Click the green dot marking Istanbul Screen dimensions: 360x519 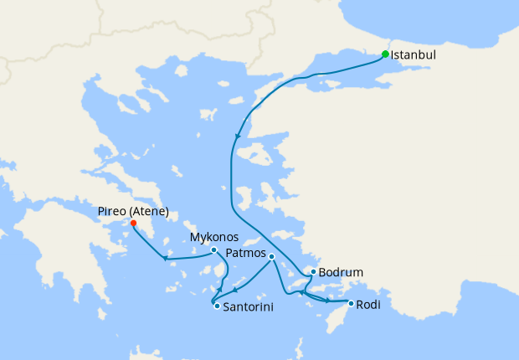tap(385, 54)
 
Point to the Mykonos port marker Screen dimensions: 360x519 tap(213, 249)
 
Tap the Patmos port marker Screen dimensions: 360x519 tap(271, 256)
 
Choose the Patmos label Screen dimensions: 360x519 tap(246, 254)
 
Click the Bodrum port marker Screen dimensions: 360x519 tap(313, 272)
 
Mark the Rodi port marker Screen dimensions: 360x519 tap(351, 303)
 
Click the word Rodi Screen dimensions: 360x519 tap(368, 305)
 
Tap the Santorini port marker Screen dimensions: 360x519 tap(217, 306)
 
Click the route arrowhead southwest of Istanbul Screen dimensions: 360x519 tap(239, 136)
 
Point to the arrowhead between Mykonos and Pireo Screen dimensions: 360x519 tap(166, 258)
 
